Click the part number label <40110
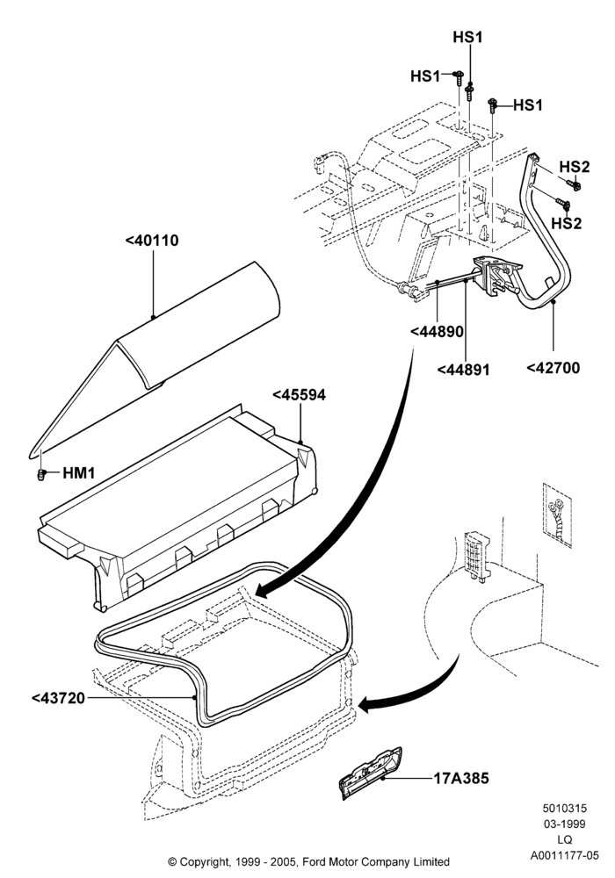tap(152, 241)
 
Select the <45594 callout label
tap(299, 395)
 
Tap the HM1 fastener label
tap(78, 473)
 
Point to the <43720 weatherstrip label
tap(58, 698)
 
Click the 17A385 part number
tap(461, 778)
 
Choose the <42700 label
tap(553, 368)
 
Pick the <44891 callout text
tap(463, 370)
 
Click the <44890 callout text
tap(437, 332)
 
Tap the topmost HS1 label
tap(467, 38)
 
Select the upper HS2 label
tap(574, 167)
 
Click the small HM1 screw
tap(40, 475)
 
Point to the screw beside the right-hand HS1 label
tap(493, 104)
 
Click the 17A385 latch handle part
tap(371, 771)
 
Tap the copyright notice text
tap(308, 862)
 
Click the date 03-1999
tap(565, 824)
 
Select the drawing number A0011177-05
tap(565, 855)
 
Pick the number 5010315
tap(565, 808)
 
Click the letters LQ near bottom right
tap(565, 840)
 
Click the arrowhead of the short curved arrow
tap(365, 705)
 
